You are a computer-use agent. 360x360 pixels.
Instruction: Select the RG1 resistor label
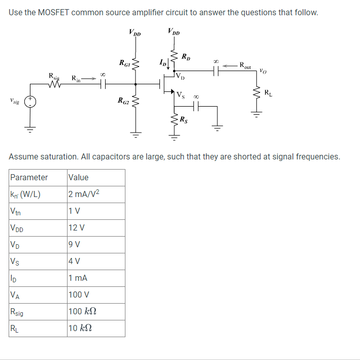pos(124,63)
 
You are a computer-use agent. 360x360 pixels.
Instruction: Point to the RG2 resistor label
pos(124,100)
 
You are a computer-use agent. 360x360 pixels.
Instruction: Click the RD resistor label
pos(186,56)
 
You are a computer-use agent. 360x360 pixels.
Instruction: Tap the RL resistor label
pos(268,92)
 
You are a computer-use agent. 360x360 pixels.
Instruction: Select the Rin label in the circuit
pos(75,78)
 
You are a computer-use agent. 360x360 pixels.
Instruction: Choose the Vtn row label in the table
pos(15,211)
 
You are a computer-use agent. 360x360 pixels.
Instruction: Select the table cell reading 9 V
pos(74,245)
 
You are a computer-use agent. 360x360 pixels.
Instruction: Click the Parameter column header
pos(29,177)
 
